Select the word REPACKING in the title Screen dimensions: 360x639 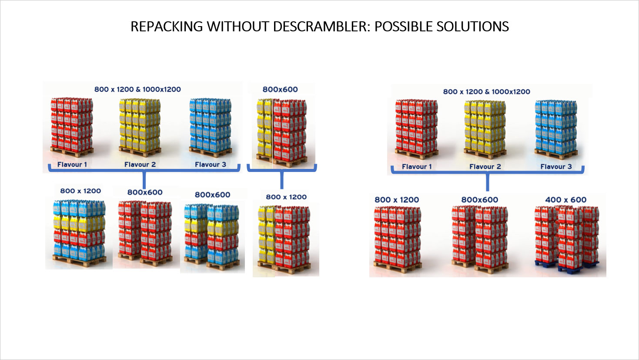click(167, 27)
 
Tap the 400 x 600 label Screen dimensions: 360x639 click(565, 200)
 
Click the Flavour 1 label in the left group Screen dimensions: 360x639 click(72, 165)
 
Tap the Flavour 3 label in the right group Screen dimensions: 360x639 click(556, 167)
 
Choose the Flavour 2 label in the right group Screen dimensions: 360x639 click(485, 167)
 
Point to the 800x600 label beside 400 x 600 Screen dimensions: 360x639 click(480, 200)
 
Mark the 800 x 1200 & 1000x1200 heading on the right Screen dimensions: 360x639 click(486, 92)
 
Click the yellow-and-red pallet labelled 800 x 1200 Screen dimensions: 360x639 click(285, 237)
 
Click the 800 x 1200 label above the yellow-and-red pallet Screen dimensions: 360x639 click(286, 197)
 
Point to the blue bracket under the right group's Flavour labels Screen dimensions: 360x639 click(487, 172)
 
